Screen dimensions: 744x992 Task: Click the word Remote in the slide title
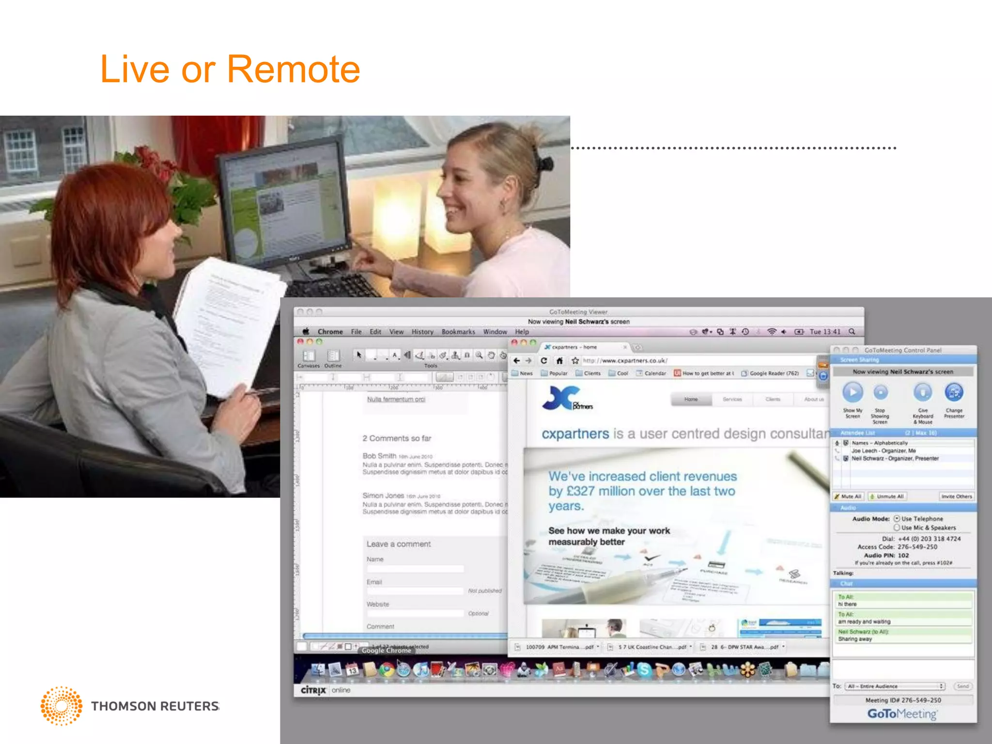click(x=294, y=69)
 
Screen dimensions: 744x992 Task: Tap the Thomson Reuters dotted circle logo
click(x=62, y=706)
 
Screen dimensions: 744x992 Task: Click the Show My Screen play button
click(x=852, y=392)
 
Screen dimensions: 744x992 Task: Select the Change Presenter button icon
click(x=954, y=392)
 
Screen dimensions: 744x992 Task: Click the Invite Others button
click(x=956, y=496)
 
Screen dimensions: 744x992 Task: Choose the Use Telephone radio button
click(x=897, y=519)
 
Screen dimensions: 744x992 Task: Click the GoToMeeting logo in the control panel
click(x=902, y=714)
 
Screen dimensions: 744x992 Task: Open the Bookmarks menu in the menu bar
click(x=458, y=332)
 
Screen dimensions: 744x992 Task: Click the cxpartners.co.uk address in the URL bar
click(x=625, y=360)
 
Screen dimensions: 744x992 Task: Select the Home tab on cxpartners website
click(x=691, y=400)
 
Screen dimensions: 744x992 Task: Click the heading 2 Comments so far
click(x=397, y=438)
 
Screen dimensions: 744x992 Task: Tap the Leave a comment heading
click(x=398, y=544)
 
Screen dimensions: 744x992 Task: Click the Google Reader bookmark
click(x=773, y=373)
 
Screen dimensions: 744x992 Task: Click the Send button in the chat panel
click(x=962, y=686)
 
